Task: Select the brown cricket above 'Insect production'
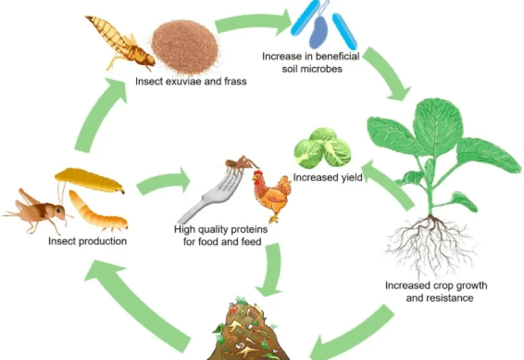pyautogui.click(x=37, y=210)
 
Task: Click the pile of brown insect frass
pyautogui.click(x=185, y=46)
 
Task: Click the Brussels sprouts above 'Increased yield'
pyautogui.click(x=322, y=148)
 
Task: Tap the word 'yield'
pyautogui.click(x=351, y=178)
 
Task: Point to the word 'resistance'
pyautogui.click(x=439, y=298)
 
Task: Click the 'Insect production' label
pyautogui.click(x=88, y=241)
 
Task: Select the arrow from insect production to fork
pyautogui.click(x=163, y=181)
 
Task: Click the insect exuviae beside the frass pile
pyautogui.click(x=119, y=43)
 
